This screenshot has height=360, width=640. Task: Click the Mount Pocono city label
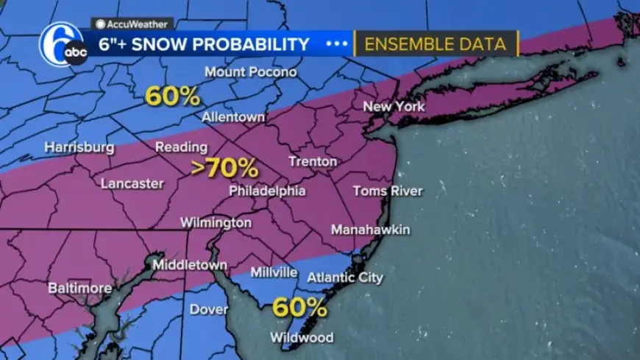pos(251,72)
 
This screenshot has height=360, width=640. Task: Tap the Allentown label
pos(233,118)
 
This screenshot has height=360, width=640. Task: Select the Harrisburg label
pos(79,147)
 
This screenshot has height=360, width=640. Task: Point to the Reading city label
pos(181,147)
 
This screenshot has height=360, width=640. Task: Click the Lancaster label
pos(132,183)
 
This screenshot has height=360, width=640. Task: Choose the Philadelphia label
pos(267,191)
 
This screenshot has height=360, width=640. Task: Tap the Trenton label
pos(313,161)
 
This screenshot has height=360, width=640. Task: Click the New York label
pos(394,107)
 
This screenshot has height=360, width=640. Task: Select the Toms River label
pos(388,191)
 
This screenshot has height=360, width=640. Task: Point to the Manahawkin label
pos(370,230)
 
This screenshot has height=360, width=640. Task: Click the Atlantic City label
pos(345,278)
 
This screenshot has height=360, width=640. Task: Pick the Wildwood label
pos(302,338)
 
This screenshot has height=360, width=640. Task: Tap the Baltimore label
pos(79,288)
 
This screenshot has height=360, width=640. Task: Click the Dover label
pos(209,309)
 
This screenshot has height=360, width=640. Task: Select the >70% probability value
pos(224,169)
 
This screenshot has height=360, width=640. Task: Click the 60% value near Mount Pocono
pos(172,96)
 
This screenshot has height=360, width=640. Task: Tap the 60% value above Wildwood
pos(299,307)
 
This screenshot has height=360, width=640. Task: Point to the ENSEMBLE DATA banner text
pos(435,44)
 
